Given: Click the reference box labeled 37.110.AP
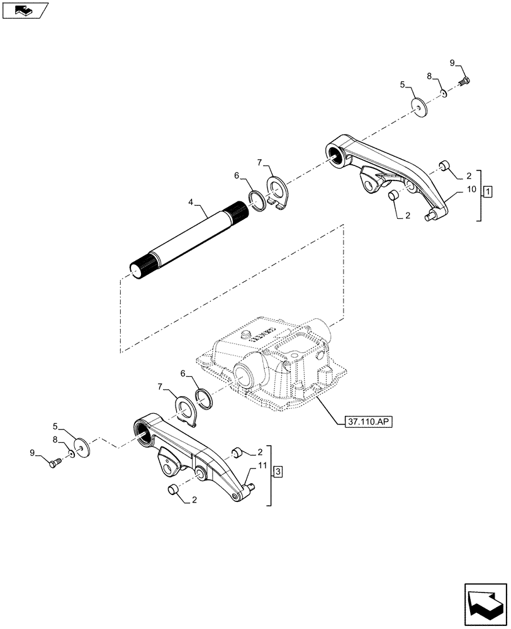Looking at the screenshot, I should (368, 423).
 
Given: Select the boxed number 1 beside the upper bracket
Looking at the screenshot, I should (488, 191).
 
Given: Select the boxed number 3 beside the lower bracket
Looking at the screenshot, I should (279, 470).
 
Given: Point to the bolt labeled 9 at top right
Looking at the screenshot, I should (467, 80).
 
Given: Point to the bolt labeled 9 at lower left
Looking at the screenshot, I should (53, 463).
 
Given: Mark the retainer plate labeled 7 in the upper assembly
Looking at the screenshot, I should (277, 193).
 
